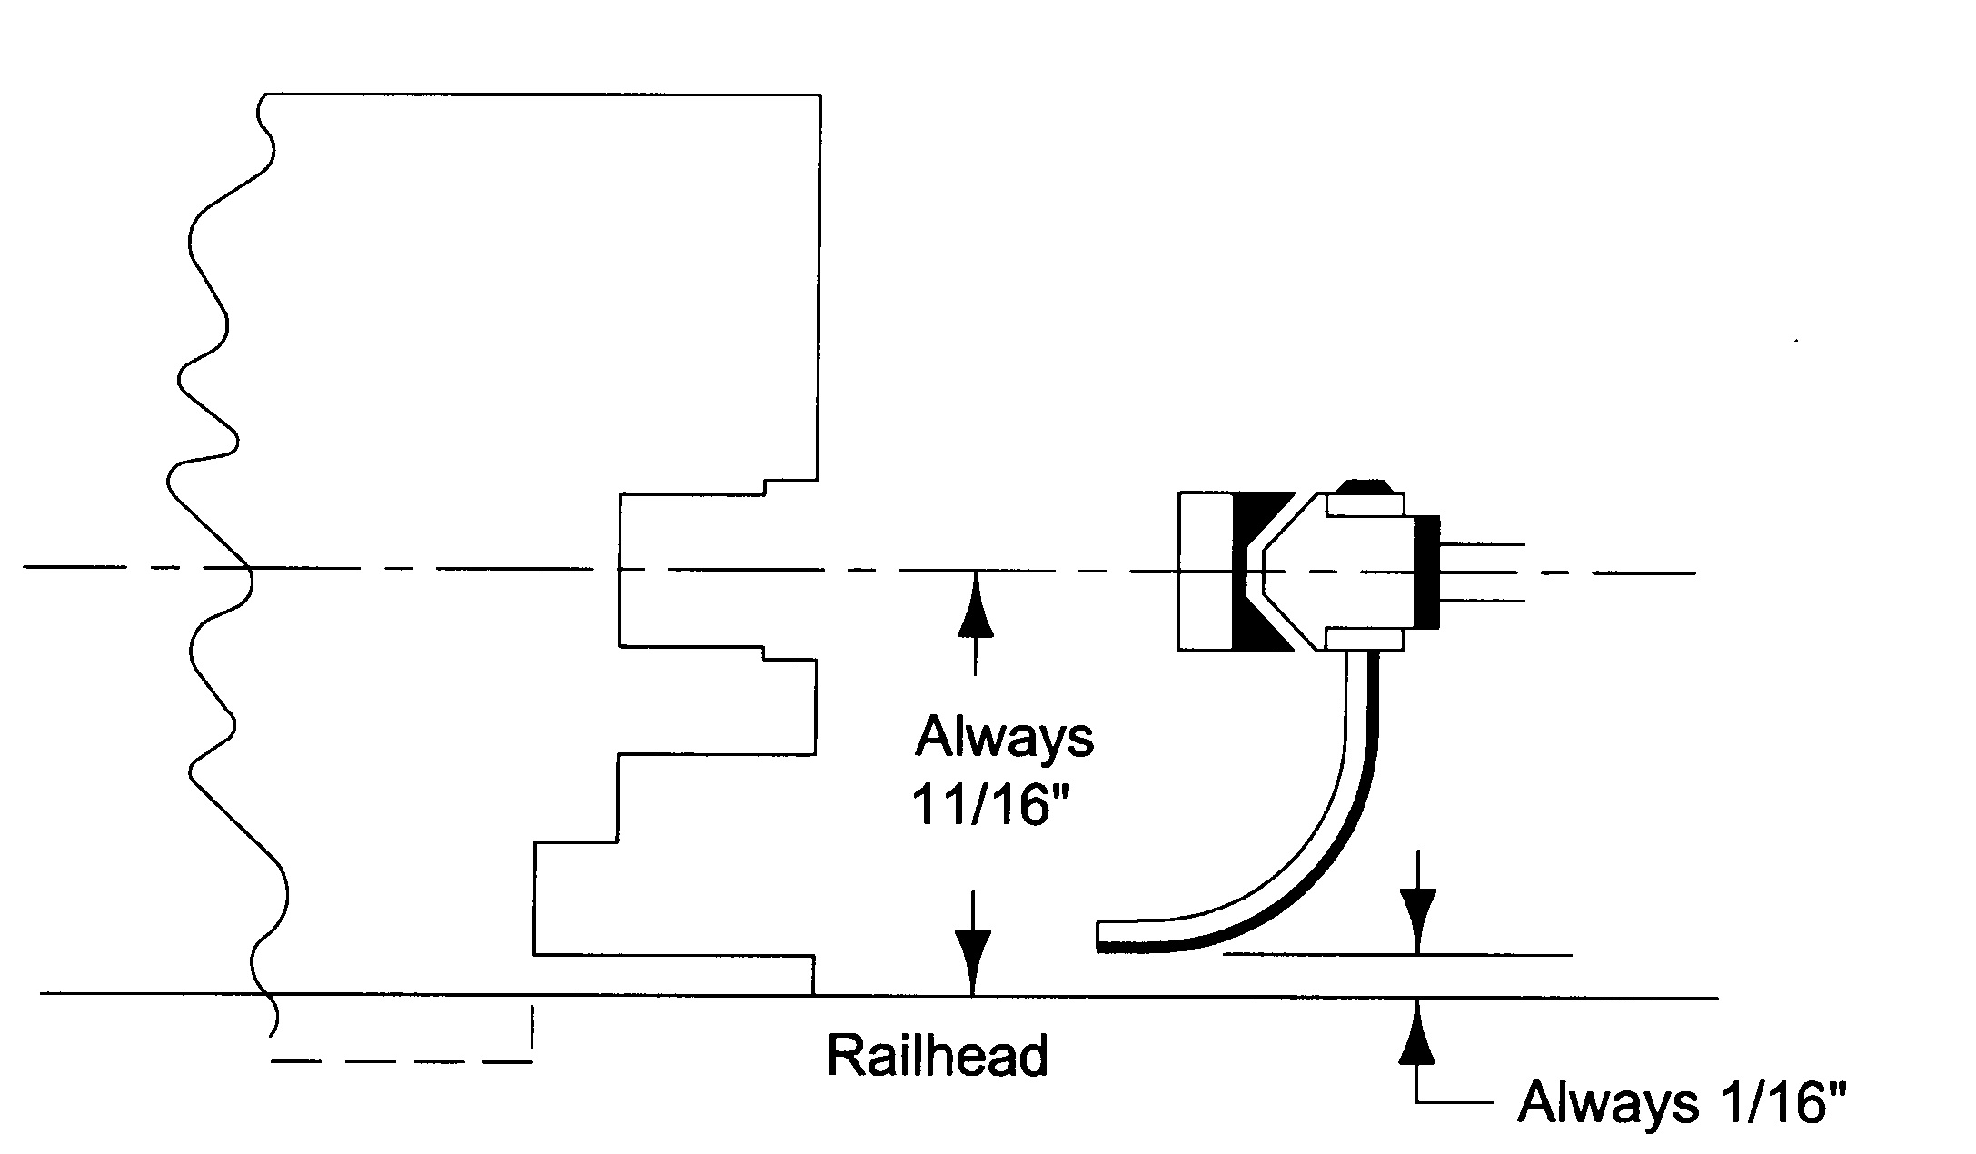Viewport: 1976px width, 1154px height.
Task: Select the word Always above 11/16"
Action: (x=1004, y=738)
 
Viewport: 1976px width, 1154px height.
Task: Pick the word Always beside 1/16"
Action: (x=1607, y=1103)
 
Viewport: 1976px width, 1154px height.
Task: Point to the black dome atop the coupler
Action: (x=1365, y=485)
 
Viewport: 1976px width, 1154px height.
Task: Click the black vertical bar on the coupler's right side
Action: (x=1426, y=572)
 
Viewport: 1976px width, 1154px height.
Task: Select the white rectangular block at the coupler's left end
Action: (x=1206, y=572)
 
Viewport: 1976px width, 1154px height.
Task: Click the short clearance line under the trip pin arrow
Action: (x=1397, y=955)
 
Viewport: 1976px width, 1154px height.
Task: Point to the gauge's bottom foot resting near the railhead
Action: (x=673, y=974)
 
